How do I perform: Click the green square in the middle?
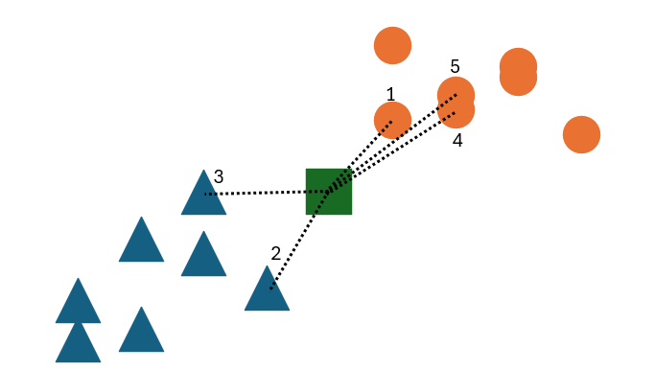pyautogui.click(x=328, y=191)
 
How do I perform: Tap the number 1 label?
pyautogui.click(x=390, y=94)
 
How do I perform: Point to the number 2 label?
pyautogui.click(x=276, y=253)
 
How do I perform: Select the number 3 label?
pyautogui.click(x=219, y=176)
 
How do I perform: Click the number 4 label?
pyautogui.click(x=457, y=140)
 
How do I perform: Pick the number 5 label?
pyautogui.click(x=455, y=66)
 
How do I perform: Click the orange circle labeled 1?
pyautogui.click(x=392, y=121)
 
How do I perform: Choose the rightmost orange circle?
pyautogui.click(x=581, y=134)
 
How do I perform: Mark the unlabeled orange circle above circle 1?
pyautogui.click(x=392, y=45)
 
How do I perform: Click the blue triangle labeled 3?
pyautogui.click(x=203, y=194)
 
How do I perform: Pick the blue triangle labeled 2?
pyautogui.click(x=267, y=289)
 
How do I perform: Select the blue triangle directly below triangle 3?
pyautogui.click(x=203, y=255)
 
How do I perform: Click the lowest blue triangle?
pyautogui.click(x=79, y=343)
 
